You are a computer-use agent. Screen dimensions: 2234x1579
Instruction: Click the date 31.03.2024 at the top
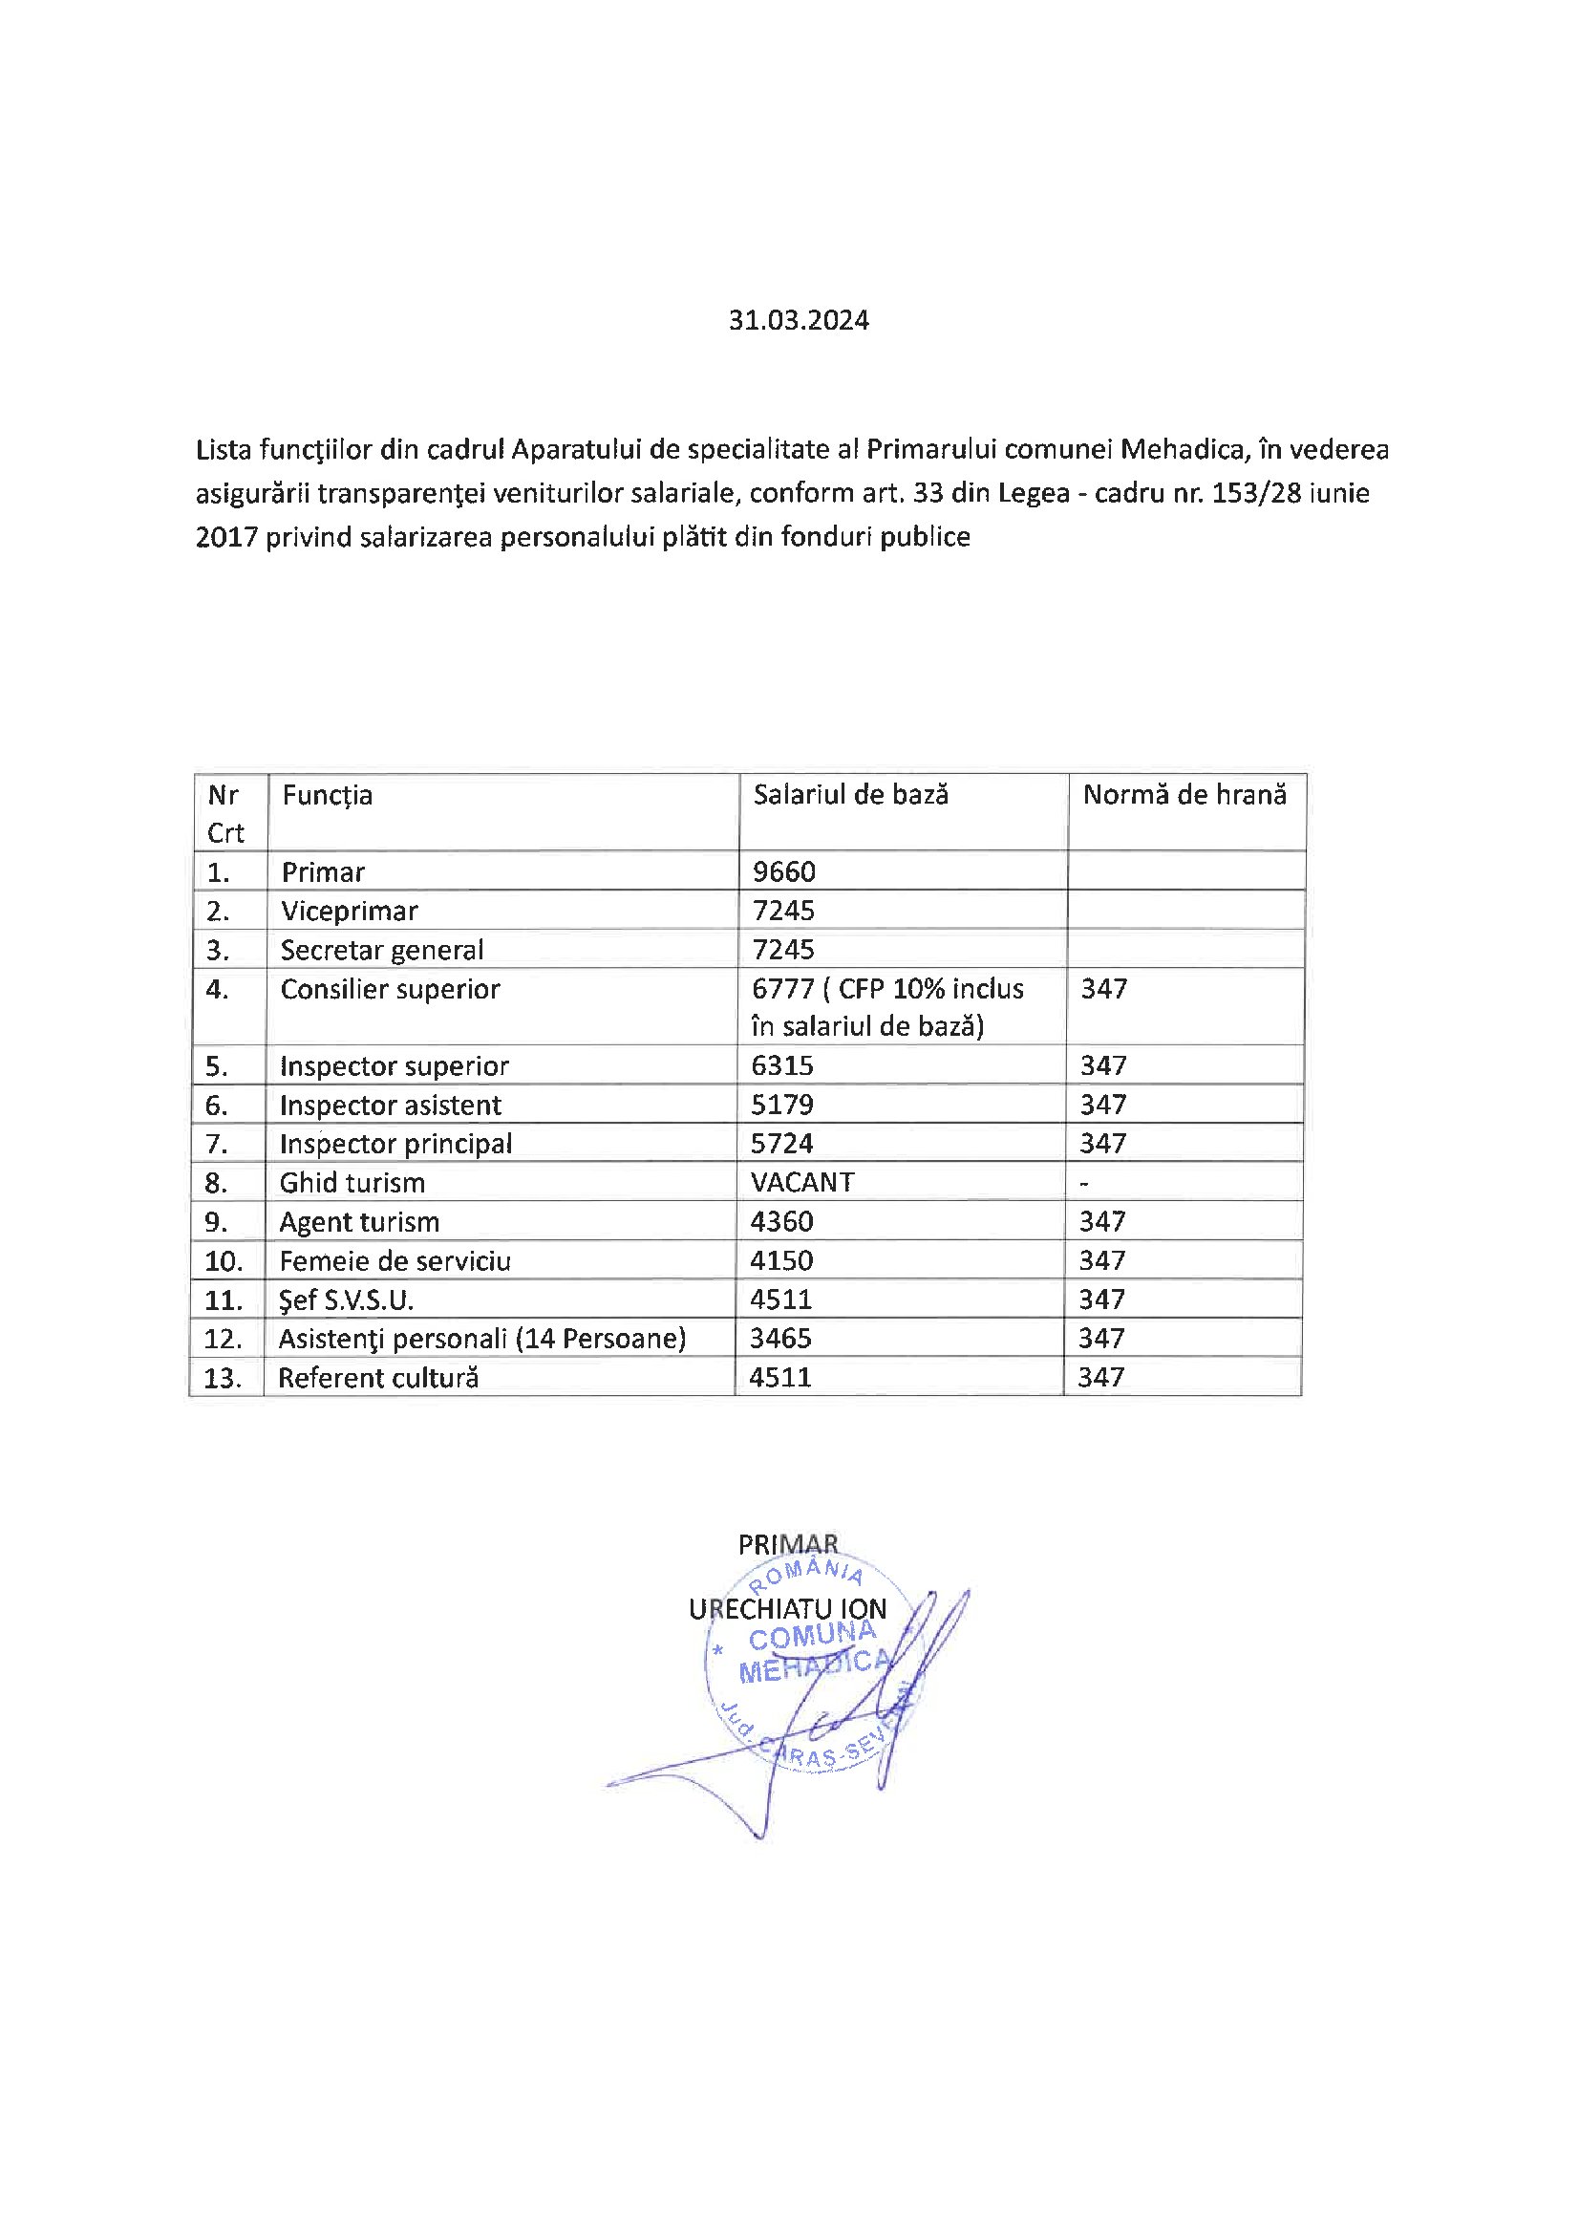pyautogui.click(x=798, y=320)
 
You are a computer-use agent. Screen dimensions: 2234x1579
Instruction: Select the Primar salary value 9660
pyautogui.click(x=783, y=870)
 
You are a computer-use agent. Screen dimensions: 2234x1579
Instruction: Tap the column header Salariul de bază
pyautogui.click(x=850, y=794)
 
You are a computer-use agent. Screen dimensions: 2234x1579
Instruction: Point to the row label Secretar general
pyautogui.click(x=381, y=950)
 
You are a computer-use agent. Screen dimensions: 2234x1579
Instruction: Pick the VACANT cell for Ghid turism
pyautogui.click(x=801, y=1182)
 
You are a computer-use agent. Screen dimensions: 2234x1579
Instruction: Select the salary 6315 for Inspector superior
pyautogui.click(x=781, y=1065)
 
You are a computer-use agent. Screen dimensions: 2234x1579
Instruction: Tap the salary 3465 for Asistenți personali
pyautogui.click(x=780, y=1338)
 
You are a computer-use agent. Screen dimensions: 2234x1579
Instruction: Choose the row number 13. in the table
pyautogui.click(x=223, y=1378)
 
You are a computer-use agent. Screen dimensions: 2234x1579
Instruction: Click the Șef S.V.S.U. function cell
pyautogui.click(x=346, y=1299)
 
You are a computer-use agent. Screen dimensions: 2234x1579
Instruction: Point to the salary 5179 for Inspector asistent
pyautogui.click(x=781, y=1105)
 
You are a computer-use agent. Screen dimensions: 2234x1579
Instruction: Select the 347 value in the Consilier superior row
pyautogui.click(x=1103, y=989)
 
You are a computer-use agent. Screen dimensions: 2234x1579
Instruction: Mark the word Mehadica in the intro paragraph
pyautogui.click(x=1182, y=449)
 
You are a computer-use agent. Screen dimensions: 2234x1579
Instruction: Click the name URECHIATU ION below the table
pyautogui.click(x=787, y=1609)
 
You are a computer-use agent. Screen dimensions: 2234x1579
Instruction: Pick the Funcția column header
pyautogui.click(x=327, y=795)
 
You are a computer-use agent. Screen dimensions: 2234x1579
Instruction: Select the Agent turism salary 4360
pyautogui.click(x=781, y=1221)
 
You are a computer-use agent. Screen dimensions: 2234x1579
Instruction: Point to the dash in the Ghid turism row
pyautogui.click(x=1084, y=1183)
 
